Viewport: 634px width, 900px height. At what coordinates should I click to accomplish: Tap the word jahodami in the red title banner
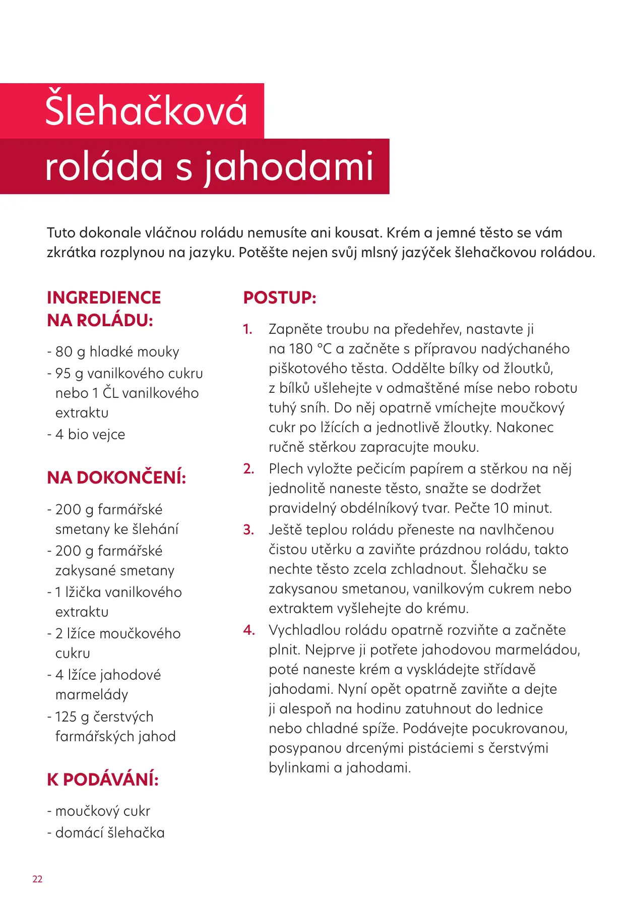tap(289, 167)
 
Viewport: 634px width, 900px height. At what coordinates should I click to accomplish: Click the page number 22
tap(37, 879)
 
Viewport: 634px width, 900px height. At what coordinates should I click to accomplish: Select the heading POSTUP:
tap(280, 297)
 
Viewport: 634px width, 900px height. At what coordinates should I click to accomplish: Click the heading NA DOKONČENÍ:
tap(116, 477)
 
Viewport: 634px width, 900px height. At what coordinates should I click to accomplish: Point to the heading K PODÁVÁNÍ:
tap(103, 779)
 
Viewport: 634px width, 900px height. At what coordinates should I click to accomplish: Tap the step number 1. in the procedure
tap(247, 329)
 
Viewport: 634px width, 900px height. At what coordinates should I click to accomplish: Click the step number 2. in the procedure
tap(248, 469)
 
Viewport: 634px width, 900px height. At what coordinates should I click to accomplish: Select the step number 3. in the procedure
tap(248, 530)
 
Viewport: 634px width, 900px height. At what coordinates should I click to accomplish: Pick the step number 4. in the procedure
tap(249, 630)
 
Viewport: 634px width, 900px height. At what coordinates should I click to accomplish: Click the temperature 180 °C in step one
tap(310, 349)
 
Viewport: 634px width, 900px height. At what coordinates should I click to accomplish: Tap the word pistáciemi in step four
tap(434, 748)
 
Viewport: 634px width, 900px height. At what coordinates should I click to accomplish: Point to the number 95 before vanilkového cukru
tap(63, 374)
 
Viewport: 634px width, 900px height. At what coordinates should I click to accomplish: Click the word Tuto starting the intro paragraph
tap(60, 233)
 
